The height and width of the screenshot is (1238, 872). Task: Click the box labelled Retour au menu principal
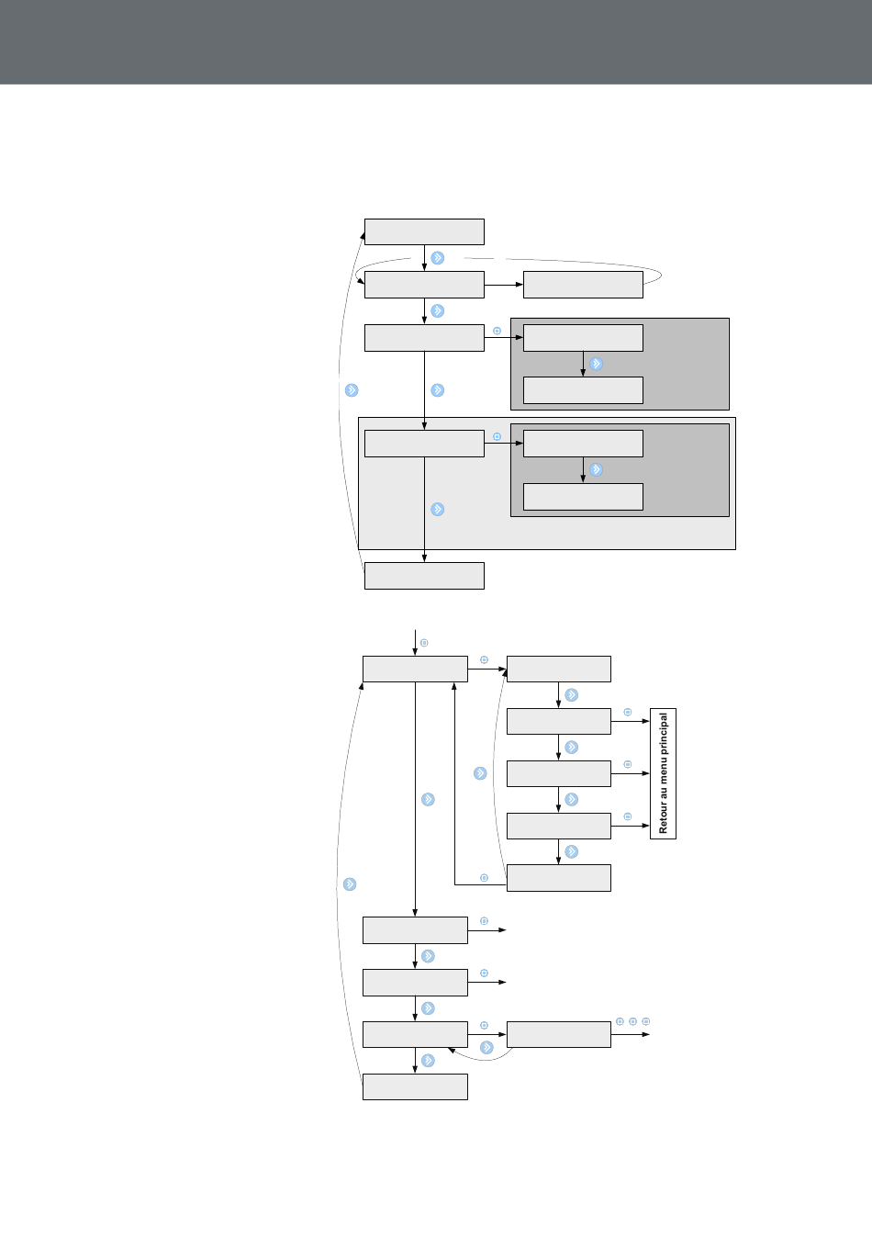[663, 773]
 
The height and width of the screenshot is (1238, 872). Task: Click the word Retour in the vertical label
[664, 818]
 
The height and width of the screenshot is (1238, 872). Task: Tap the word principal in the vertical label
[664, 733]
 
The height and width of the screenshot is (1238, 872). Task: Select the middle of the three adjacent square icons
[632, 1021]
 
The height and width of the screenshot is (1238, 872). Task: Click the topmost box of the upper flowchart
[424, 231]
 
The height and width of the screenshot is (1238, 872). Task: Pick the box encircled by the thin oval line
[583, 285]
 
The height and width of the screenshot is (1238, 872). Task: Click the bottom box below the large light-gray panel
[424, 576]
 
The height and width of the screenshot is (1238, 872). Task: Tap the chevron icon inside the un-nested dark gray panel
[596, 364]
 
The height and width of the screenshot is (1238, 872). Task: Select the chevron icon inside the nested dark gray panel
[596, 470]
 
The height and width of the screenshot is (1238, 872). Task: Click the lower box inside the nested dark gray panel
[583, 497]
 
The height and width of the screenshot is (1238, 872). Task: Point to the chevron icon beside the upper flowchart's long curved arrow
[352, 390]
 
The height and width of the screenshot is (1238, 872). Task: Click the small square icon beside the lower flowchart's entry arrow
[424, 643]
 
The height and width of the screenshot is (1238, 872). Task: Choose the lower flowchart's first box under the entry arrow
[415, 669]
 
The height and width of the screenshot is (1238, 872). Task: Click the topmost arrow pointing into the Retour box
[630, 721]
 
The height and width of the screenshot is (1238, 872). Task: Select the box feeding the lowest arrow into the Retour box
[559, 826]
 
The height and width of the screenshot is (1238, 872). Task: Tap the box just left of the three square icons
[559, 1034]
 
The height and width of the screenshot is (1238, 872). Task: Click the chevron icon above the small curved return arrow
[486, 1047]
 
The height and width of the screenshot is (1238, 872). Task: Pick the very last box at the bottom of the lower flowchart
[415, 1086]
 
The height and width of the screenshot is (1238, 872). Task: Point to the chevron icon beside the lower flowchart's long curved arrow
[350, 884]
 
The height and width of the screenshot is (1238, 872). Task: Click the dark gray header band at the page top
[436, 42]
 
